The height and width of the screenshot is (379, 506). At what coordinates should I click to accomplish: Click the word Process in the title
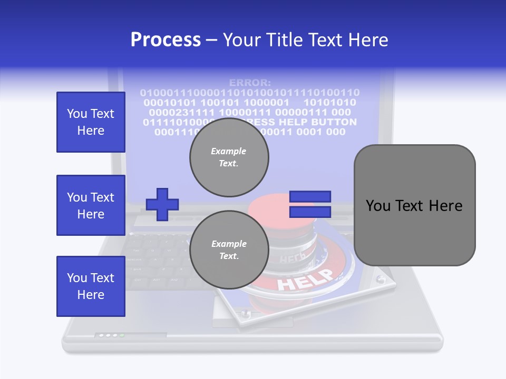coord(166,39)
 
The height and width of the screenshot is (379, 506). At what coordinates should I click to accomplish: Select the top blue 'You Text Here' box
coord(91,122)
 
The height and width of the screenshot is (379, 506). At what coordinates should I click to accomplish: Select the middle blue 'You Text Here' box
coord(91,205)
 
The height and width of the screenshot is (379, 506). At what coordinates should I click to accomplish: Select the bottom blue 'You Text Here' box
coord(91,286)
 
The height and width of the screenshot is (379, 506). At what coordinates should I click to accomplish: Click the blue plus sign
coord(162,204)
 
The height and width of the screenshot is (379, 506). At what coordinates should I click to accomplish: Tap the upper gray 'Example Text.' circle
coord(229,157)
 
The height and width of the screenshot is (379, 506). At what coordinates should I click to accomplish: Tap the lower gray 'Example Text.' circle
coord(229,250)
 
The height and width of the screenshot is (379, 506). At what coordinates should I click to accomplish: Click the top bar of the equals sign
coord(310,197)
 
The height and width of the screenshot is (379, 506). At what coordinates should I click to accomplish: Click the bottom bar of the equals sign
coord(310,212)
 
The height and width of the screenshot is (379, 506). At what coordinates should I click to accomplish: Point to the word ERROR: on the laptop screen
coord(250,83)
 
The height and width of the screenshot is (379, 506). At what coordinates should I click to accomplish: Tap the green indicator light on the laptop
coord(122,335)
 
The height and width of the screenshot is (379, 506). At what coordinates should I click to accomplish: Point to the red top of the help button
coord(274,211)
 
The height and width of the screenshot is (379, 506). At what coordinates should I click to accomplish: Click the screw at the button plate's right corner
coord(379,278)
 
